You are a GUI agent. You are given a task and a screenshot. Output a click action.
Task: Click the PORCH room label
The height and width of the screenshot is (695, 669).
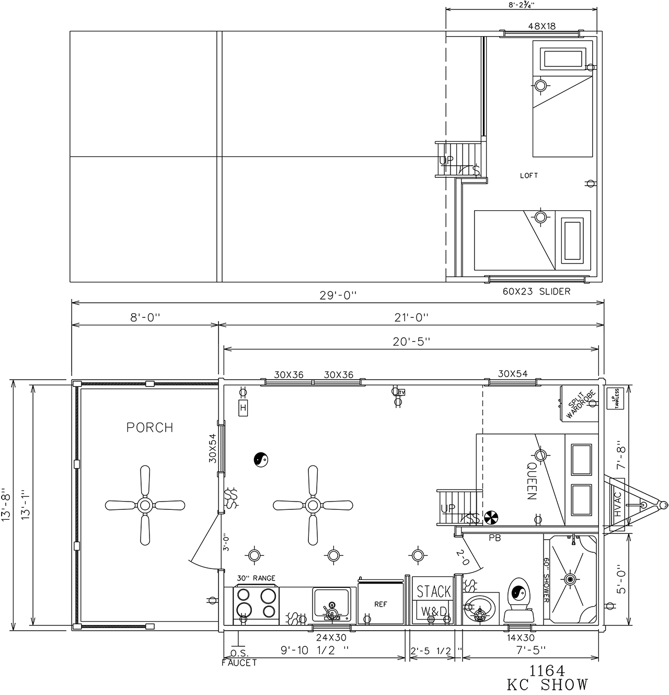point(150,427)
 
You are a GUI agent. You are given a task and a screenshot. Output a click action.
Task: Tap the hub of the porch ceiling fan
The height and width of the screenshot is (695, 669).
point(145,505)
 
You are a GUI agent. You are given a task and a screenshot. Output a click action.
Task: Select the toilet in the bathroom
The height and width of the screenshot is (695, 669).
point(518,601)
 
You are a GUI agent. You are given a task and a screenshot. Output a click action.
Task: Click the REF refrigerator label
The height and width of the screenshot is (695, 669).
point(380,605)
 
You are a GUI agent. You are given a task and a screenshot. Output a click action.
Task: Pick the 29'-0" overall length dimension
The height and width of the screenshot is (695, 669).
point(338,295)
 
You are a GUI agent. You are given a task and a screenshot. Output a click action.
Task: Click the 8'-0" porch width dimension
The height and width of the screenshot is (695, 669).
point(145,317)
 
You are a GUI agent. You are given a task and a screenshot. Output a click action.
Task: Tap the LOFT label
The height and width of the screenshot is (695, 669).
point(529,175)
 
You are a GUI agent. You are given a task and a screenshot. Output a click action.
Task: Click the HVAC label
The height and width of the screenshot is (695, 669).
point(618,504)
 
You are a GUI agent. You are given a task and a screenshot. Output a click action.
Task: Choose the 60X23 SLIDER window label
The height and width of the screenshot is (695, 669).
point(537,291)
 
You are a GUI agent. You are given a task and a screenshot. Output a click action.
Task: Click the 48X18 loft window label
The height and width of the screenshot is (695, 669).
point(542,26)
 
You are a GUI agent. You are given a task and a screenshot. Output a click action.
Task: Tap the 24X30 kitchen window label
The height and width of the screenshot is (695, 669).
point(331,637)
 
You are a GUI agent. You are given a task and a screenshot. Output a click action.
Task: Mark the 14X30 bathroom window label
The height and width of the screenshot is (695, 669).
point(521,637)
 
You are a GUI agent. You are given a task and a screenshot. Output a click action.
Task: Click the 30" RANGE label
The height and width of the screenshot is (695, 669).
point(256,578)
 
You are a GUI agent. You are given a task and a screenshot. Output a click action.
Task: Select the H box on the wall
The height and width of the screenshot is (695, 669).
point(243,407)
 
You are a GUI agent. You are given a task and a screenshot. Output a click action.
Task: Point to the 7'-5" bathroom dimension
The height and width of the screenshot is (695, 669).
point(531,650)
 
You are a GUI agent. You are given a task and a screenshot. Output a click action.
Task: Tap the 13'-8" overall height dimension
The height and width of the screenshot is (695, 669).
point(6,505)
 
